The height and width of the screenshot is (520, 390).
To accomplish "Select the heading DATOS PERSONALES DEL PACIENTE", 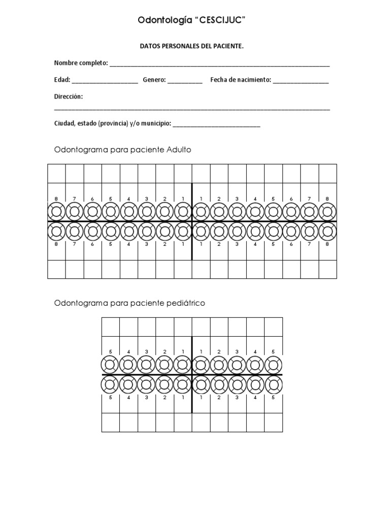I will coord(191,46).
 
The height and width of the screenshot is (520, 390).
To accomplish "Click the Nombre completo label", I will coord(80,63).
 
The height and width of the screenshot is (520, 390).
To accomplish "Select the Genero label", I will coord(154,80).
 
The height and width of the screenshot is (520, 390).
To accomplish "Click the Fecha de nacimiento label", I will coord(241,80).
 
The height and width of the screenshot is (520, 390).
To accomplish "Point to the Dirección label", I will coord(68,96).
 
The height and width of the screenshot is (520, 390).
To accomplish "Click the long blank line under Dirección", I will coord(192,109).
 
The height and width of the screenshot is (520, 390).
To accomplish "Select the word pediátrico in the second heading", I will coord(186,303).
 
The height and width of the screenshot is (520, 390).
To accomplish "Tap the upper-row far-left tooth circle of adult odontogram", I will coord(56,211).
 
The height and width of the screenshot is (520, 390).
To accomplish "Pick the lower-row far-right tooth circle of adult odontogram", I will coord(328,232).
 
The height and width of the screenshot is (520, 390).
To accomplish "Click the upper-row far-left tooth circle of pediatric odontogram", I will coord(111,365).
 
